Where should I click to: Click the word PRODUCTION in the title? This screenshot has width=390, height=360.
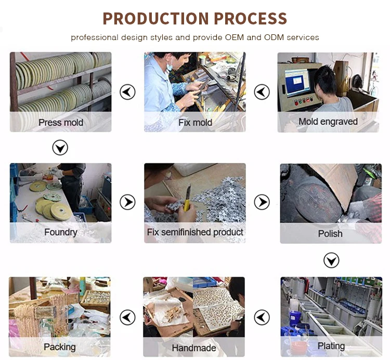coord(156,18)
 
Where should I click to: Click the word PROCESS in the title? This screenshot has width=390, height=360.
coord(250,18)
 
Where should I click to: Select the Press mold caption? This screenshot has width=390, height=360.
coord(61,122)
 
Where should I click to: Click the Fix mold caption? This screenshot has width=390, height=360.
coord(195,122)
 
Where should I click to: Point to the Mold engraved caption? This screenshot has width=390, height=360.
coord(328,122)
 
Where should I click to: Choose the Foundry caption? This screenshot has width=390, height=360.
coord(61,233)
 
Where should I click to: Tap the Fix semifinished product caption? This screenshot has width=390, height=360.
coord(195,232)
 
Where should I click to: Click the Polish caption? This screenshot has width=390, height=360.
coord(330,234)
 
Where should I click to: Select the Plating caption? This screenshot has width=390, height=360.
coord(331,346)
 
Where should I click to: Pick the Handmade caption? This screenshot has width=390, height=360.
coord(194,348)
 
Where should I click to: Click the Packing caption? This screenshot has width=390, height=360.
coord(60,347)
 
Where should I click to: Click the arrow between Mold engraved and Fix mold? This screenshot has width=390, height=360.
coord(262,92)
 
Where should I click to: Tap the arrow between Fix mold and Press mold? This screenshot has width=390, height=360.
coord(127,92)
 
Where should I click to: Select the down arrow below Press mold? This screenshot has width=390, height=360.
coord(60,148)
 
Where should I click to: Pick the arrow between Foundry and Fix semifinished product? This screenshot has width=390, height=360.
coord(127,202)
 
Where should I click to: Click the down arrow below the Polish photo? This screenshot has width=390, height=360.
coord(331,261)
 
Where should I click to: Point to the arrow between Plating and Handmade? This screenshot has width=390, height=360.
coord(262,317)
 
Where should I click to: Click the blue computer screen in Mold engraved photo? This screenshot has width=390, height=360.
coord(298,81)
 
